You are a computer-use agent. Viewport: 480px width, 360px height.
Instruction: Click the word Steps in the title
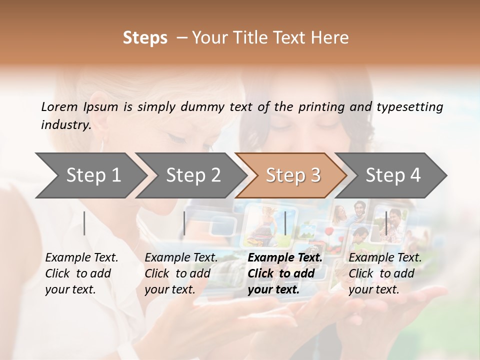(145, 38)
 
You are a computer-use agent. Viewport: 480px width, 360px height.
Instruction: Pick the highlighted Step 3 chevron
(293, 175)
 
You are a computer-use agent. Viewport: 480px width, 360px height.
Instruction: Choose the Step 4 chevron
(393, 175)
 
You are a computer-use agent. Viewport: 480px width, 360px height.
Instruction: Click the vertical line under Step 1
(84, 223)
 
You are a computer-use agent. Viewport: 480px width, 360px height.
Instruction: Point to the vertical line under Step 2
(184, 223)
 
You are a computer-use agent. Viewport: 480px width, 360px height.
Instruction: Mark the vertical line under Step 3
(285, 223)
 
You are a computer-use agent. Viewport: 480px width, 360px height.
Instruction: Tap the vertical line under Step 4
(386, 223)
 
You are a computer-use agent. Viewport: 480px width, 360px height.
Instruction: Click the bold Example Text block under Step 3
(285, 273)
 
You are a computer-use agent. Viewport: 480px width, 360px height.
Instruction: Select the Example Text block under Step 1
(81, 273)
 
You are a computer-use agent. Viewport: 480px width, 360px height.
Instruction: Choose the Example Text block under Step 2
(181, 273)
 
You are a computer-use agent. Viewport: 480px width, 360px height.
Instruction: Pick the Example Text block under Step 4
(385, 273)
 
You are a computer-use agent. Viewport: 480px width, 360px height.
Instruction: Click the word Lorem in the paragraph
(59, 106)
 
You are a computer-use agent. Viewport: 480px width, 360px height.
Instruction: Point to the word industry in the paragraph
(66, 125)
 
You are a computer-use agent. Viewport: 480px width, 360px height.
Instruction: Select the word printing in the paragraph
(322, 107)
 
